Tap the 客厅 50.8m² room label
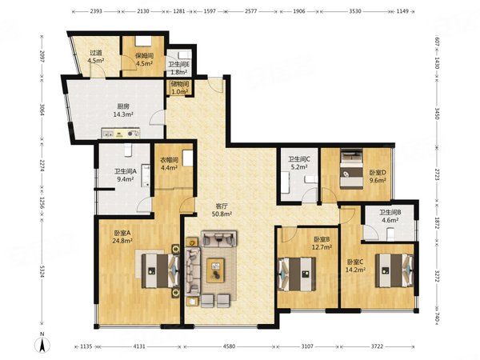[x=222, y=210]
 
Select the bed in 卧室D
[x=351, y=169]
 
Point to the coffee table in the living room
[x=216, y=270]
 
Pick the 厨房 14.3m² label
[x=123, y=110]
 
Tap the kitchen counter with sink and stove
[x=121, y=133]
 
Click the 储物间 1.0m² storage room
[x=179, y=88]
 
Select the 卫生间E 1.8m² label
[x=179, y=68]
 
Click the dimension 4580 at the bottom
[x=229, y=346]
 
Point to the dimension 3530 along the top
[x=355, y=11]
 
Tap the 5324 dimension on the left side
[x=42, y=272]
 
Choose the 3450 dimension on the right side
[x=437, y=114]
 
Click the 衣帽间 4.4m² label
[x=169, y=164]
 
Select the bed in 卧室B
[x=296, y=274]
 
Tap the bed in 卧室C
[x=394, y=270]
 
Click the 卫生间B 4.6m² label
[x=390, y=216]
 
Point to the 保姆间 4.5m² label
[x=145, y=60]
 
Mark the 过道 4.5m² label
[x=96, y=57]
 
